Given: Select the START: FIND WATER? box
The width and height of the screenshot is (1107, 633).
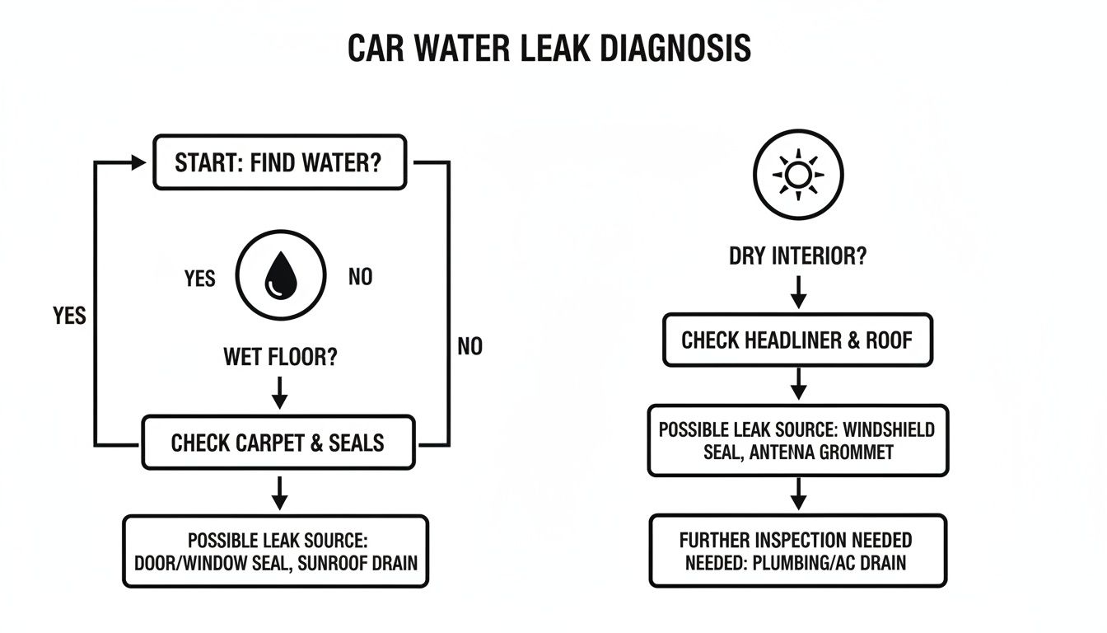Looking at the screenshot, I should [279, 162].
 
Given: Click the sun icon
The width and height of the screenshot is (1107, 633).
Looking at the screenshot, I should [798, 175].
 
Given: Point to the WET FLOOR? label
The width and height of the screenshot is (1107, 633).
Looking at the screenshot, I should [279, 358].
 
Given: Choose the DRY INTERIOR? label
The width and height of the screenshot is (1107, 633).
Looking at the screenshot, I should [797, 256].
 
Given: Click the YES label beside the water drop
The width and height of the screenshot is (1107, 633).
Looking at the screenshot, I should [199, 279].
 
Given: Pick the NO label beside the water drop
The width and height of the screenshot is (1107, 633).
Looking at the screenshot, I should [360, 277].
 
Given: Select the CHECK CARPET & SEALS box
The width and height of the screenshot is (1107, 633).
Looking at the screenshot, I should [278, 443].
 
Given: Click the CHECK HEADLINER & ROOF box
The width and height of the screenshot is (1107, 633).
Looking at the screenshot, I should [797, 340].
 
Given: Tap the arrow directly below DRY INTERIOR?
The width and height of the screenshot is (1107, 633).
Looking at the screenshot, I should [797, 293].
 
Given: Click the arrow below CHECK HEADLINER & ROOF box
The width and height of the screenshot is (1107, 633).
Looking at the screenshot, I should [797, 384].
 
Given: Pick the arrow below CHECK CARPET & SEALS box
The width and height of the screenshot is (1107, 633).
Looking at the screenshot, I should [279, 492].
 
